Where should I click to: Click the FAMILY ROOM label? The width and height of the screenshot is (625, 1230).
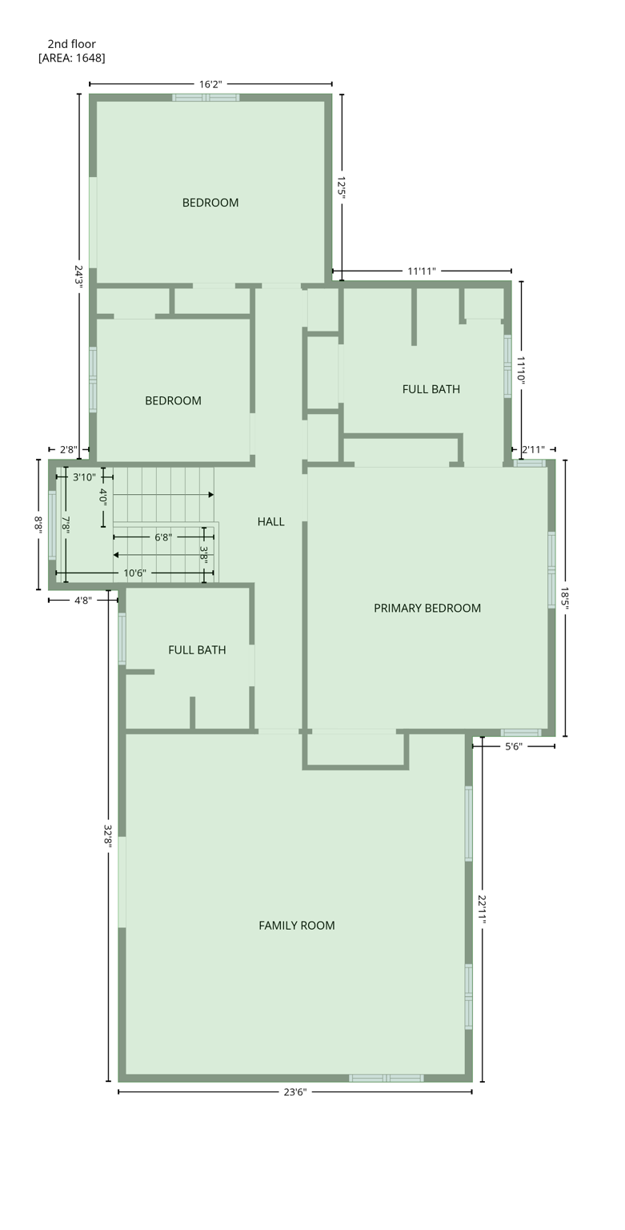[296, 925]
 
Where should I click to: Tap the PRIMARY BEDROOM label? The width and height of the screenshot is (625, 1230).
[427, 608]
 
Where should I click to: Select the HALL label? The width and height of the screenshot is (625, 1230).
[270, 521]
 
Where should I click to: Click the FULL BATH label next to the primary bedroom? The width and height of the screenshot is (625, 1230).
[431, 389]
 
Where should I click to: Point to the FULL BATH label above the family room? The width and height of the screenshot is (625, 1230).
[197, 650]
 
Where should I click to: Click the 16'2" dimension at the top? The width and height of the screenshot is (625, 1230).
[210, 84]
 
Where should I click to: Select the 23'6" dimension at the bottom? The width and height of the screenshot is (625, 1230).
[294, 1091]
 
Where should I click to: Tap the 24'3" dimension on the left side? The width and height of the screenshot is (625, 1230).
[78, 275]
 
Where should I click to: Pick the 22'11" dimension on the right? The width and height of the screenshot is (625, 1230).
[482, 910]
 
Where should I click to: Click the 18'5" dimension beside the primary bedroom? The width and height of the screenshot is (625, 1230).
[565, 599]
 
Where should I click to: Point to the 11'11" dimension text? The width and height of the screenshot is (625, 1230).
[422, 271]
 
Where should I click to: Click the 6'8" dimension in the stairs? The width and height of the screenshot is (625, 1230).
[163, 537]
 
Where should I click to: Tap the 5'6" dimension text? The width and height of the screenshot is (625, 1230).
[514, 746]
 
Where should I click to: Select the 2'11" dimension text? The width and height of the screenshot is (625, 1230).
[533, 450]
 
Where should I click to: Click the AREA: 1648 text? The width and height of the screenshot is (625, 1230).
[72, 58]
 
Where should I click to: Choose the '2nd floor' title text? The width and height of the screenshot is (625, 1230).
[71, 44]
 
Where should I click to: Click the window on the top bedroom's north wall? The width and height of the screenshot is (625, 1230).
[206, 98]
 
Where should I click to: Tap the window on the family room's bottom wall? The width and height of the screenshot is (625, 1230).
[387, 1078]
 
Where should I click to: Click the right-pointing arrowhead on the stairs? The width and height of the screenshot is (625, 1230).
[210, 495]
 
